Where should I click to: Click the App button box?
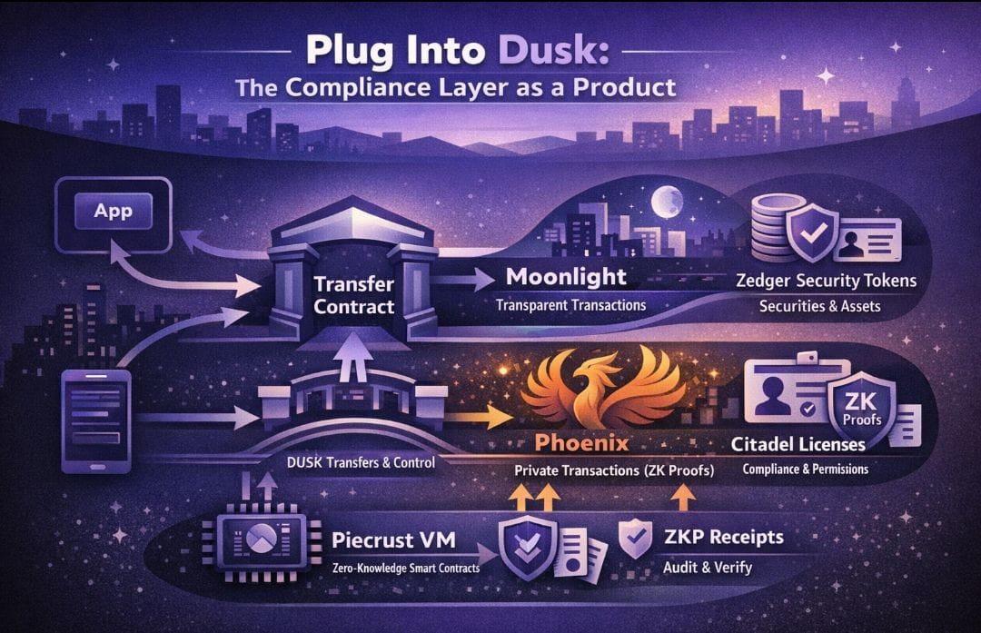[113, 213]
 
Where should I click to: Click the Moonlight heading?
[567, 275]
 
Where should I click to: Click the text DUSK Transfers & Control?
[362, 462]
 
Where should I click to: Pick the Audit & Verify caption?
[708, 568]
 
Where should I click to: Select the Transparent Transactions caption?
[570, 305]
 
